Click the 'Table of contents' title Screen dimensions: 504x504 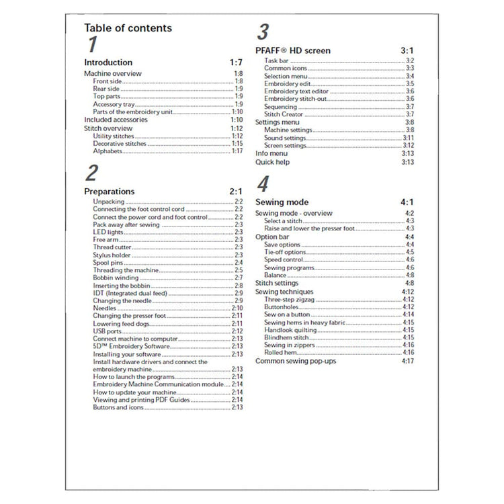(x=128, y=28)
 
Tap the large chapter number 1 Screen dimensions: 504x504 (x=92, y=46)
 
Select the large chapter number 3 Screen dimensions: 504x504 (x=263, y=32)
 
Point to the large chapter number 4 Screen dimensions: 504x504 (x=263, y=185)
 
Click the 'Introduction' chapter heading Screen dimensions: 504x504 (x=108, y=62)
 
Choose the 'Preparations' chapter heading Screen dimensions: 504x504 (x=110, y=192)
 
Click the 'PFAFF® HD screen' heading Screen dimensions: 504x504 (x=293, y=50)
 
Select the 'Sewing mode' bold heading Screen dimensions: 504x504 (x=282, y=202)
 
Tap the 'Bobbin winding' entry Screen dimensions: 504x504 (x=116, y=278)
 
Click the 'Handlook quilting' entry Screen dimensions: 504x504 (x=290, y=330)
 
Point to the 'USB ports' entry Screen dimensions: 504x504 (x=108, y=331)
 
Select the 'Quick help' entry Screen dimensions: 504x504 (x=272, y=162)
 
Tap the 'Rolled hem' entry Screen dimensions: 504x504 (x=280, y=352)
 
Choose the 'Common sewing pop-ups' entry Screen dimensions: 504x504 (x=296, y=361)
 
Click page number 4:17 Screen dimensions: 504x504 (x=407, y=361)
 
